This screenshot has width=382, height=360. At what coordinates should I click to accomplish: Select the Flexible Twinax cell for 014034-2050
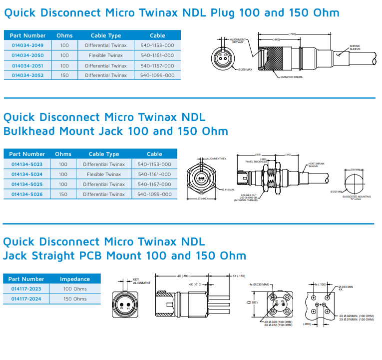(x=105, y=55)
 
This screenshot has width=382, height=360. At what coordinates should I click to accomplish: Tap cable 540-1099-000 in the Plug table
(x=157, y=75)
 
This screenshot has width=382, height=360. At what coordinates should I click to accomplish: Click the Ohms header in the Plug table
(x=64, y=35)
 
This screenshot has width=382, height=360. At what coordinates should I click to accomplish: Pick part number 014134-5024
(x=27, y=174)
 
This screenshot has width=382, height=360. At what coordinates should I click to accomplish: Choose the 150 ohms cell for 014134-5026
(x=63, y=194)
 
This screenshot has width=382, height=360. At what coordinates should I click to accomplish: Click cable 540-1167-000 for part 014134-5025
(x=154, y=184)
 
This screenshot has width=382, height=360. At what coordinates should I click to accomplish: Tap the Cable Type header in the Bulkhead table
(x=104, y=154)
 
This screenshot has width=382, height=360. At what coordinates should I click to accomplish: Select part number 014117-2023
(x=26, y=289)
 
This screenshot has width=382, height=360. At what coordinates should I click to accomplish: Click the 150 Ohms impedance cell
(x=75, y=299)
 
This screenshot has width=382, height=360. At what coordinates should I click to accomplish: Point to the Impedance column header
(x=75, y=279)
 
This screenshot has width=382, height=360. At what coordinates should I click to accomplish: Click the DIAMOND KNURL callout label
(x=292, y=77)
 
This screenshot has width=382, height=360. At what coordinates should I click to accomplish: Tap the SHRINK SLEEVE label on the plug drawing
(x=355, y=47)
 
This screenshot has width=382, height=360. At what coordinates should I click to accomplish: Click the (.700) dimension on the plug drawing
(x=292, y=34)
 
